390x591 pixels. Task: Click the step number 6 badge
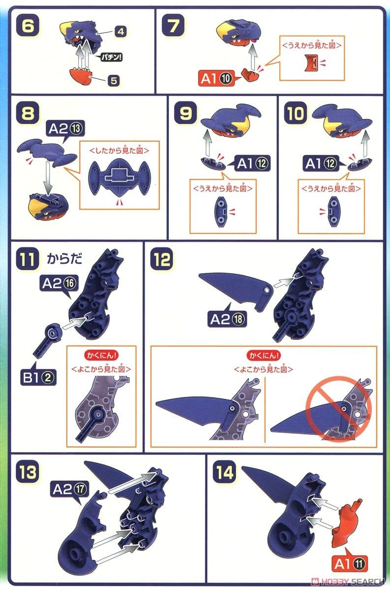(x=28, y=26)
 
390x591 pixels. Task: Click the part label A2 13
(x=65, y=129)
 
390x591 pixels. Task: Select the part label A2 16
(x=59, y=284)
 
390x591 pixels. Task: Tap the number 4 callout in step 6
(x=120, y=32)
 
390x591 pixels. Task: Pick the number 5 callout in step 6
(x=114, y=81)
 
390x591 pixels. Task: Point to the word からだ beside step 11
(x=64, y=259)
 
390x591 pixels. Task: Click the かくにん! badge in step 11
(x=101, y=356)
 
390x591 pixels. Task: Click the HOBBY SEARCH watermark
(x=347, y=582)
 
